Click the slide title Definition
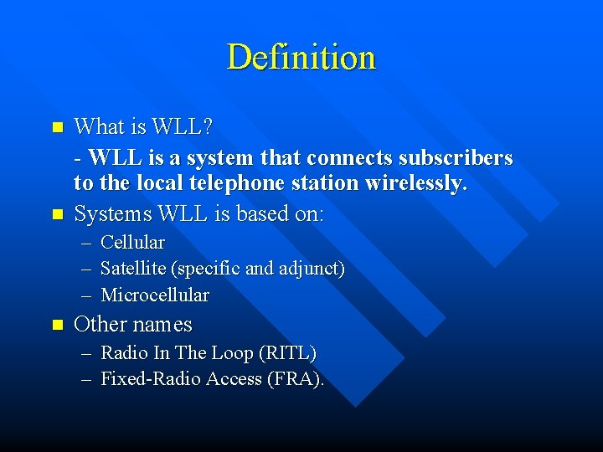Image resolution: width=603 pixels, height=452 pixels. (301, 57)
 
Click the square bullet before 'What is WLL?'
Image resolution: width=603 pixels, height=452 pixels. (57, 128)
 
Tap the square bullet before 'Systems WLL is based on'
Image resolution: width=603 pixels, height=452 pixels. (57, 215)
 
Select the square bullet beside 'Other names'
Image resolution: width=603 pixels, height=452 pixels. (57, 325)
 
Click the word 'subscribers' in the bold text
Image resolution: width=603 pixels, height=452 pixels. (460, 157)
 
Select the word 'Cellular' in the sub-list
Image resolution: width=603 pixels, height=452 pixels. (132, 243)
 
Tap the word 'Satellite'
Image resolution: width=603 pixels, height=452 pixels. (133, 269)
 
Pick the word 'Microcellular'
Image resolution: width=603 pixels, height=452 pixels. (155, 295)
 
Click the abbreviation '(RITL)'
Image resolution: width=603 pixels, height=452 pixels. (288, 353)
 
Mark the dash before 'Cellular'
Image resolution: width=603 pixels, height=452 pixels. (87, 243)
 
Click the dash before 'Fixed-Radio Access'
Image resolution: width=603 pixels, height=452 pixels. (87, 379)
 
